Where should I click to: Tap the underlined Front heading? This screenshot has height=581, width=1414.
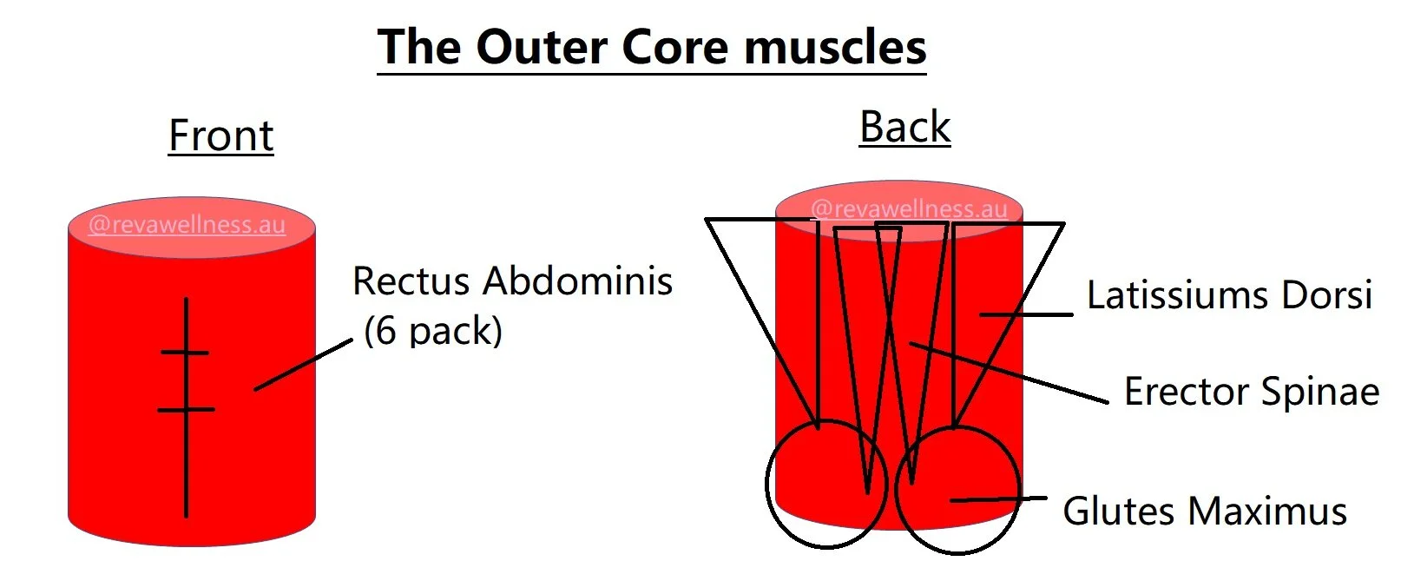pos(220,135)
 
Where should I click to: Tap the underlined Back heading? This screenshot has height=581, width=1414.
pos(904,127)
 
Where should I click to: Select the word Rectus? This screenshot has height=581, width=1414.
pos(411,281)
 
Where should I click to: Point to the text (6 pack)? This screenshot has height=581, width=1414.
pos(432,331)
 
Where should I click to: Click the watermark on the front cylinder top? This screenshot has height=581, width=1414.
pos(187,225)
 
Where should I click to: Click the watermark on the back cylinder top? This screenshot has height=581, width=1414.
pos(909,208)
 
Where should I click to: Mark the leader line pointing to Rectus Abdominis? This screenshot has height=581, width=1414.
pos(304,365)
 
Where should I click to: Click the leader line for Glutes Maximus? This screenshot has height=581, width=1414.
pos(998,499)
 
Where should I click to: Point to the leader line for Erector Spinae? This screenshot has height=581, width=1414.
pos(1007,372)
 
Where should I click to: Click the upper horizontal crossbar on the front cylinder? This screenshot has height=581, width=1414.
pos(185,353)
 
